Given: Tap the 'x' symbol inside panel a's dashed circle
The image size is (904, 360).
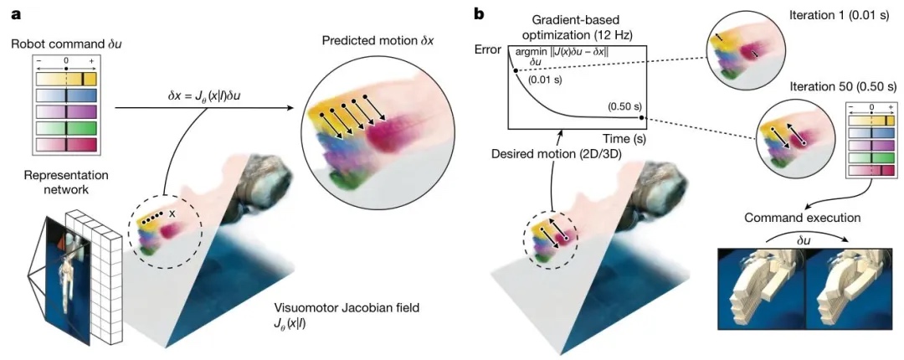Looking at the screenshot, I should coord(172,214).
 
